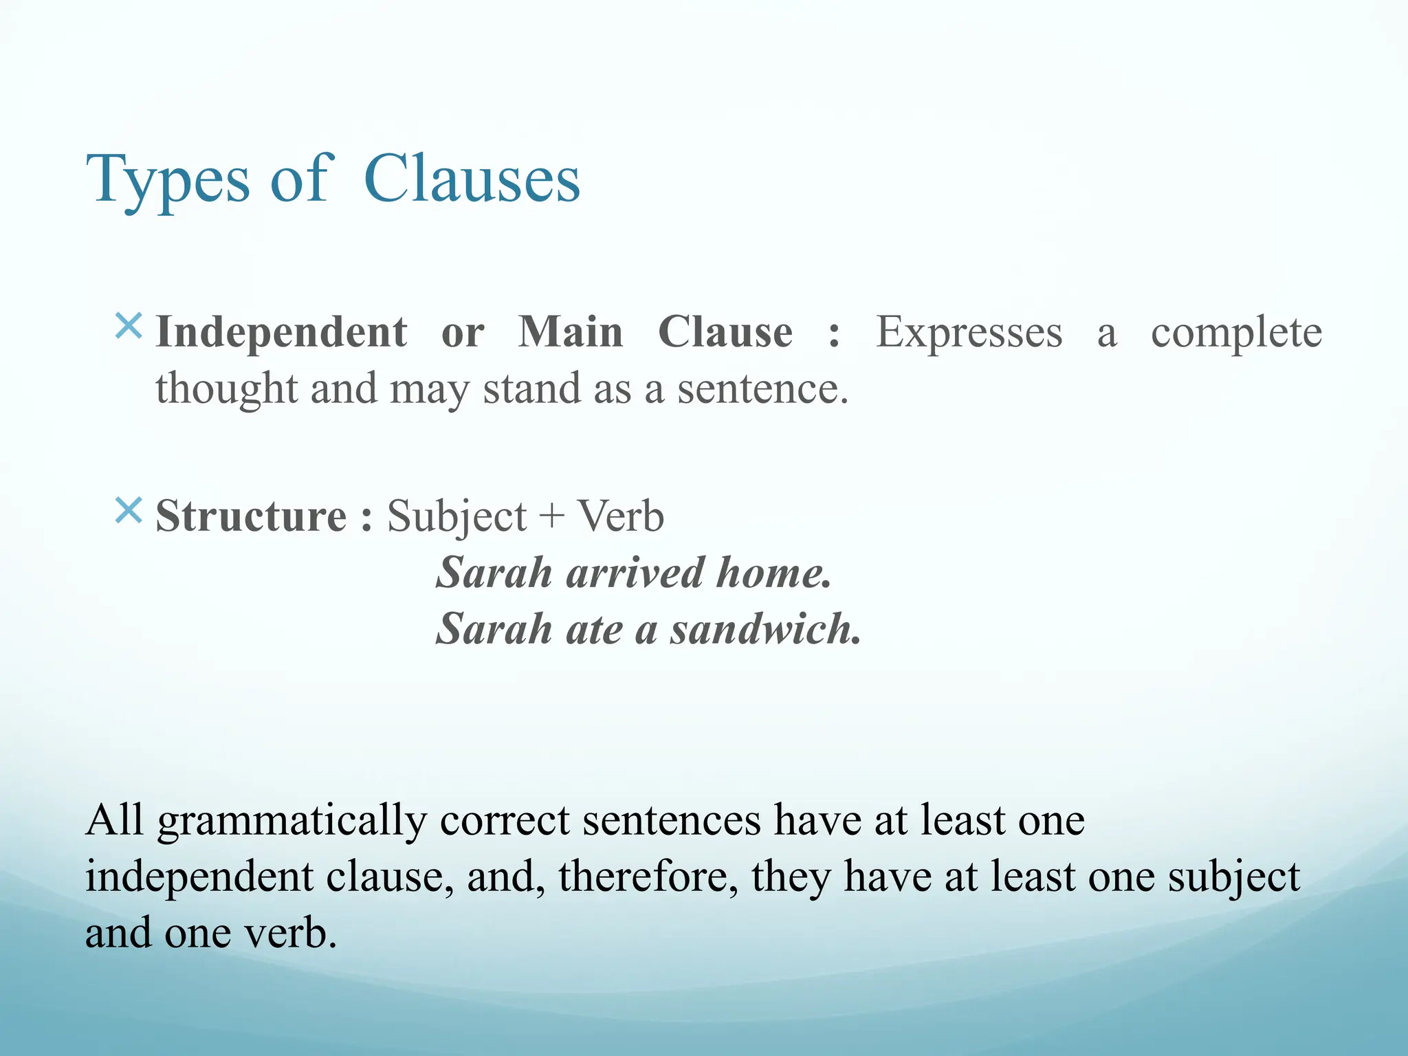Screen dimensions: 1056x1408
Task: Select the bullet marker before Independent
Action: pos(129,326)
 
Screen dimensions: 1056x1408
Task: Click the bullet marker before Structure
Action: pos(129,511)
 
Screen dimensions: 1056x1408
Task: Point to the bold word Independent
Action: pos(281,333)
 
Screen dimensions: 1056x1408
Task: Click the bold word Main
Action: pos(570,333)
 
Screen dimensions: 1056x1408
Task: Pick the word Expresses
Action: pos(969,333)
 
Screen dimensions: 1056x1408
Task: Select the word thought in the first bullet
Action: pos(226,389)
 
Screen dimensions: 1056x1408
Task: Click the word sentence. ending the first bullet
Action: pos(762,389)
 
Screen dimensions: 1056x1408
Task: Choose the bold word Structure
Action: pos(251,516)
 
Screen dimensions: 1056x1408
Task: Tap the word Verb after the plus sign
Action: pos(620,516)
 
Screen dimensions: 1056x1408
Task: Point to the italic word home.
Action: pos(773,573)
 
